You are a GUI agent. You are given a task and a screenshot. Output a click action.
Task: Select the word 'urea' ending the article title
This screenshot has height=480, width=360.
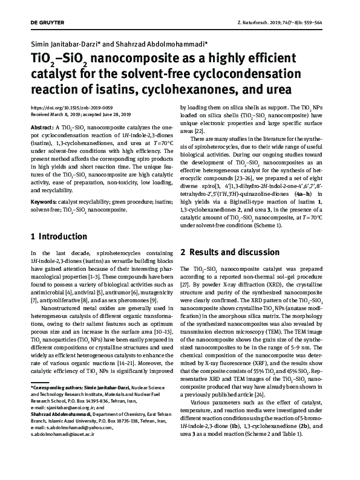pyautogui.click(x=276, y=89)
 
